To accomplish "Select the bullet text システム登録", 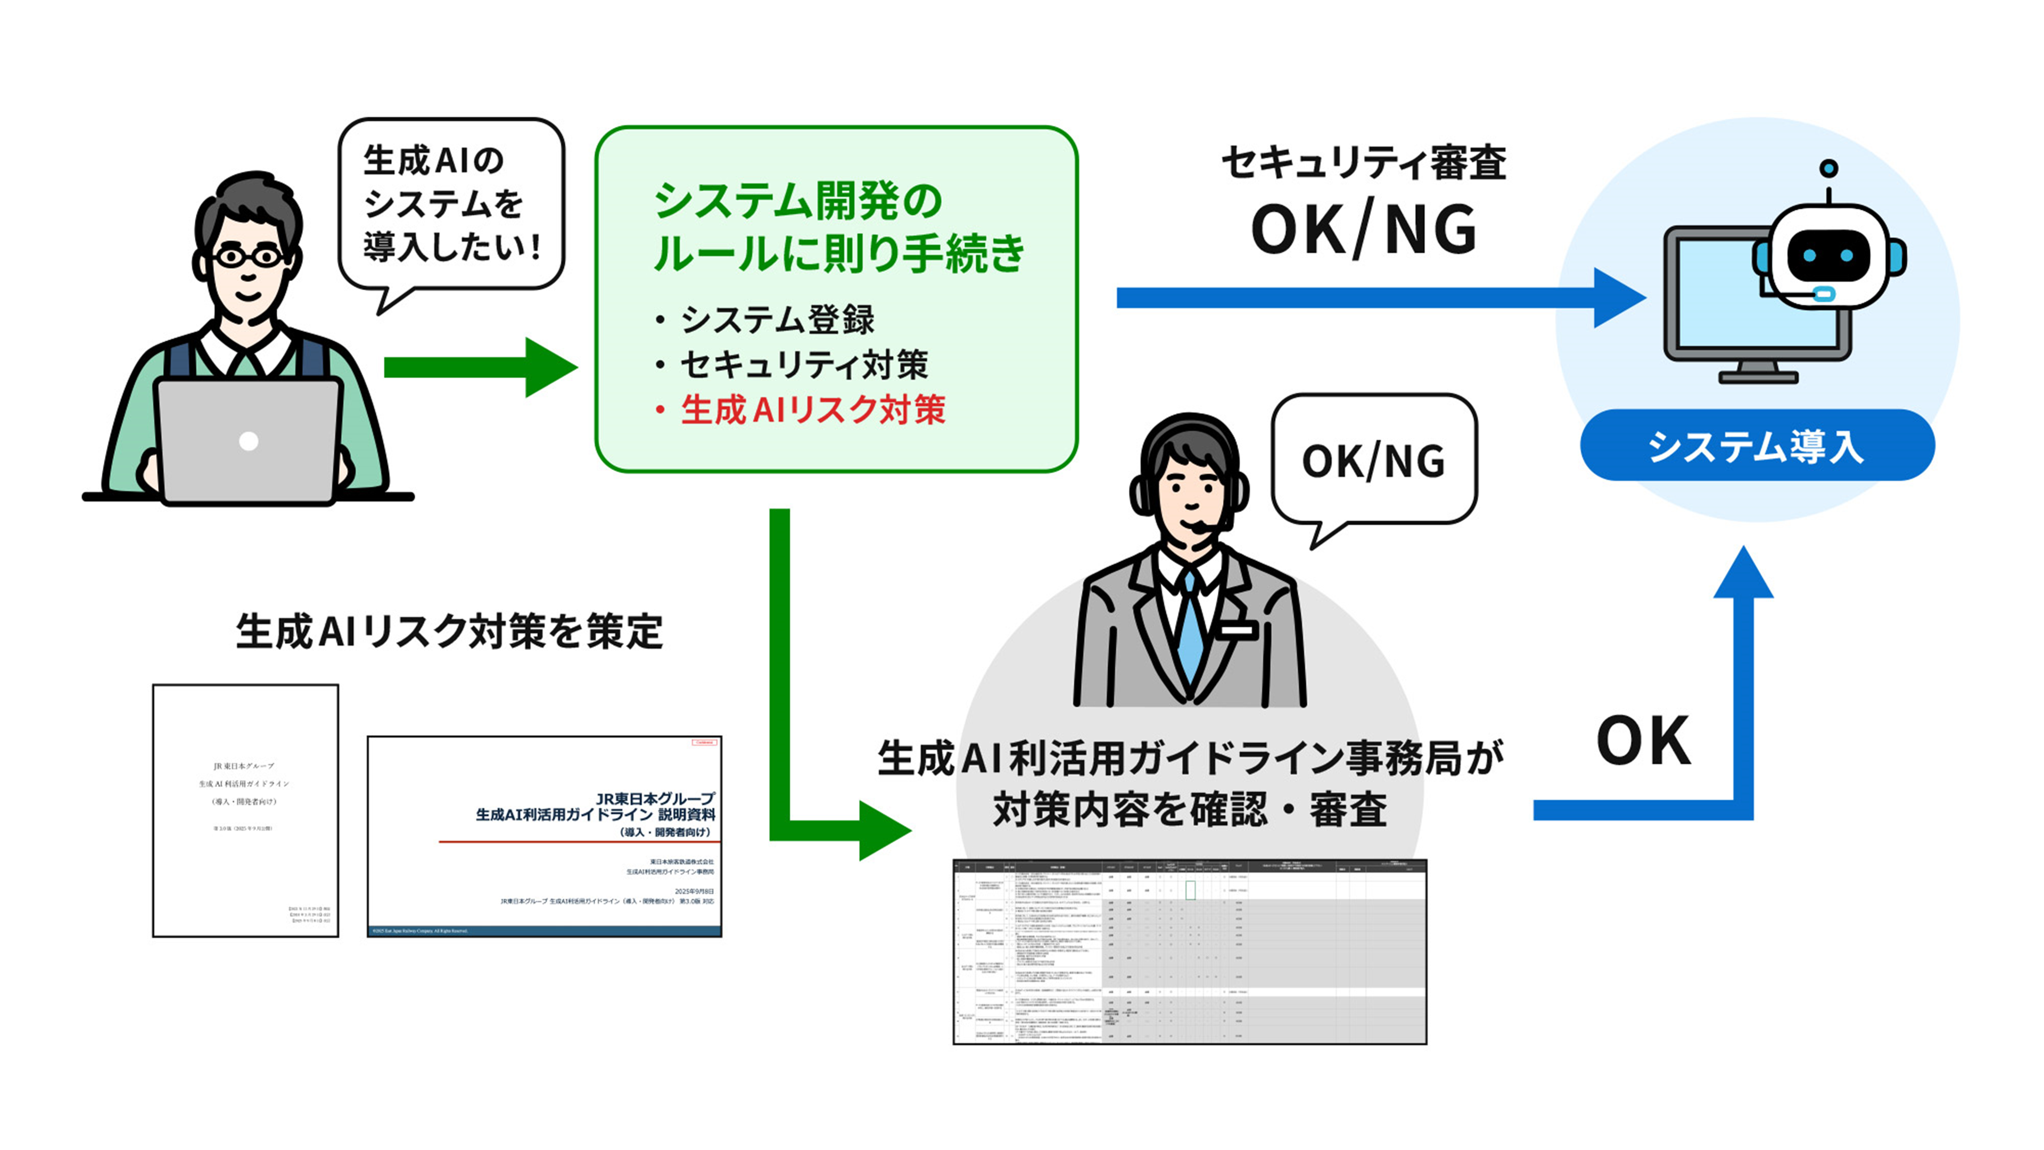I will pyautogui.click(x=777, y=320).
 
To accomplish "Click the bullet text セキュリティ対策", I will pyautogui.click(x=803, y=365).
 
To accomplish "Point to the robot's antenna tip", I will pyautogui.click(x=1828, y=168).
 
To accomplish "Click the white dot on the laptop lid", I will pyautogui.click(x=249, y=441).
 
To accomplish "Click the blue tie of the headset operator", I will pyautogui.click(x=1190, y=627).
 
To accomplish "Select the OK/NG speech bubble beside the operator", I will pyautogui.click(x=1373, y=461).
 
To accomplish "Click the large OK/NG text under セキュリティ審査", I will pyautogui.click(x=1363, y=230).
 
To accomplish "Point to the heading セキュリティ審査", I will pyautogui.click(x=1363, y=163).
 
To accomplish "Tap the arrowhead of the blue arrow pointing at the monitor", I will pyautogui.click(x=1619, y=298).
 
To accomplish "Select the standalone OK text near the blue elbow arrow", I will pyautogui.click(x=1643, y=741).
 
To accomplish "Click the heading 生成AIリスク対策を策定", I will pyautogui.click(x=449, y=632).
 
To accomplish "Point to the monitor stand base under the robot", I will pyautogui.click(x=1758, y=376).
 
